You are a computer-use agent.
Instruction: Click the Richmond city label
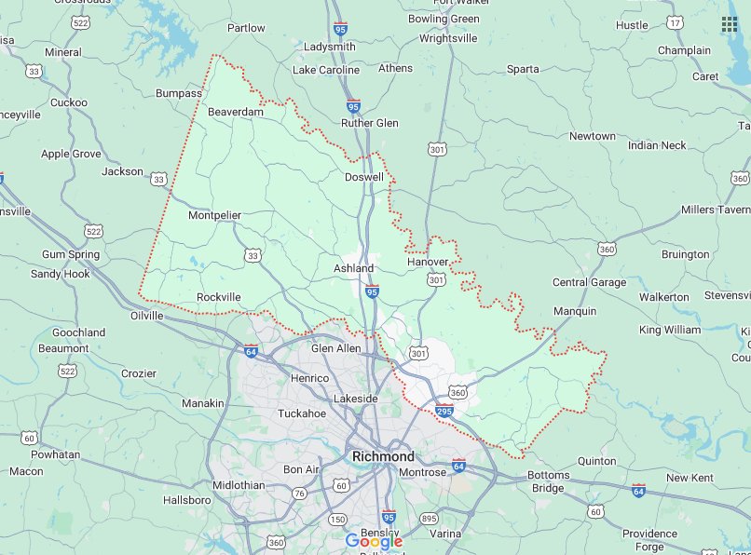[x=383, y=456]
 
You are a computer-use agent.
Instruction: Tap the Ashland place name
[x=353, y=268]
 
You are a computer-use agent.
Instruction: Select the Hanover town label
[x=428, y=262]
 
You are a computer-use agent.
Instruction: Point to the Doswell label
[x=364, y=177]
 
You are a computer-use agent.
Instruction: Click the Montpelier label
[x=214, y=215]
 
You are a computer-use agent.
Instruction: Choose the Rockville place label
[x=219, y=296]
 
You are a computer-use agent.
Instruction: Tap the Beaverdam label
[x=236, y=112]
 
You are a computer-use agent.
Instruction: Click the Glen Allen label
[x=335, y=347]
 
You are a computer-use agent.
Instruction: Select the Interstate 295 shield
[x=444, y=409]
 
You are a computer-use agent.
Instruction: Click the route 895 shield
[x=429, y=518]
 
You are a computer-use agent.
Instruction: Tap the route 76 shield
[x=299, y=493]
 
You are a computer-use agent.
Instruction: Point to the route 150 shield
[x=337, y=519]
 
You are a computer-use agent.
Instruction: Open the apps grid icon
[x=729, y=24]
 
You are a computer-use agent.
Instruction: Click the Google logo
[x=374, y=541]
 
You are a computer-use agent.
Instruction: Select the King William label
[x=669, y=330]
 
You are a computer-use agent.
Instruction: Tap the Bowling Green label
[x=444, y=19]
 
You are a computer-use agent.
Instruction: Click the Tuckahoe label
[x=302, y=413]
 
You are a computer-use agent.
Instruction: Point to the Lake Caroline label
[x=326, y=70]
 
